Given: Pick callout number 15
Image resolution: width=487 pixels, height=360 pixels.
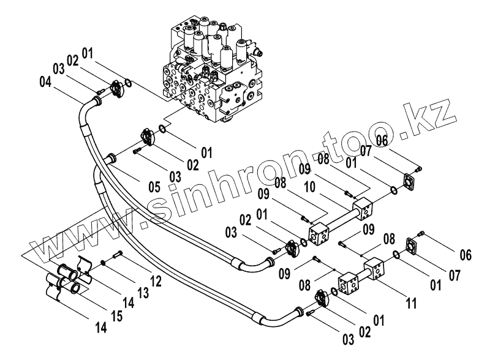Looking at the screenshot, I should pos(116,315).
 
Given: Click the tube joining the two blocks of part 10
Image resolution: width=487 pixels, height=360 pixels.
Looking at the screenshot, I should pos(340,217).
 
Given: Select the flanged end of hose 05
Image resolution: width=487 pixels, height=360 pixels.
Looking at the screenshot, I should pos(111,159).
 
